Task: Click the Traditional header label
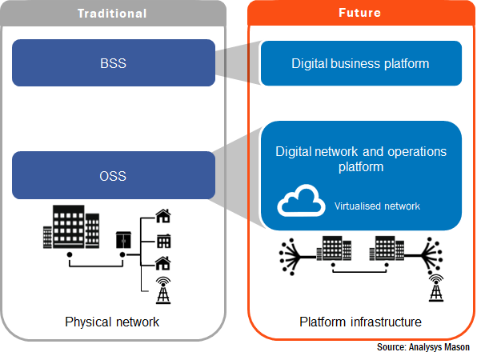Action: pos(112,14)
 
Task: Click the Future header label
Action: pos(360,13)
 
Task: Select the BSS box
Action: pos(114,63)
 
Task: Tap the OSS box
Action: pos(114,175)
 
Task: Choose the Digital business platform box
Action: pos(361,63)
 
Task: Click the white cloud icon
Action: pos(301,201)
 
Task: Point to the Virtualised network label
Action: pos(377,206)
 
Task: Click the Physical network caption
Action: pos(112,322)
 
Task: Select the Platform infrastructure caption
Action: pos(360,322)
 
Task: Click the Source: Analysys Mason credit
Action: pos(423,347)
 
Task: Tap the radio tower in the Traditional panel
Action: pos(163,290)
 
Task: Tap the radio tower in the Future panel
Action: pos(436,288)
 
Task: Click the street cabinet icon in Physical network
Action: pos(123,240)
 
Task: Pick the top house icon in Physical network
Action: pos(163,216)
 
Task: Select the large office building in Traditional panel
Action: pos(71,227)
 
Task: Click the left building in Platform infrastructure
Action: pos(334,249)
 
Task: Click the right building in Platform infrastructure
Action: pos(387,249)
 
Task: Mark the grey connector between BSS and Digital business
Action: pos(238,63)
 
